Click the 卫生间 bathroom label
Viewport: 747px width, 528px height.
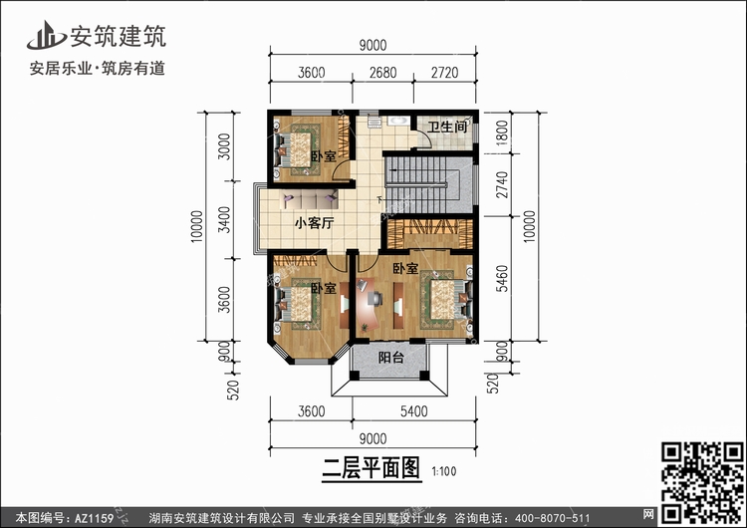tap(446, 127)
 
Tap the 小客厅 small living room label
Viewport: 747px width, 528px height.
tap(314, 223)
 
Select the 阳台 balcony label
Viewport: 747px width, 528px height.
tap(390, 358)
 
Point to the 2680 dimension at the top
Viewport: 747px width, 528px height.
tap(383, 73)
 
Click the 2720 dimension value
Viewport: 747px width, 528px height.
tap(444, 73)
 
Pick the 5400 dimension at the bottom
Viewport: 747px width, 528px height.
tap(413, 410)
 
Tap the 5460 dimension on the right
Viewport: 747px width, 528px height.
tap(502, 278)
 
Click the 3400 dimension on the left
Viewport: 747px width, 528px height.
tap(224, 220)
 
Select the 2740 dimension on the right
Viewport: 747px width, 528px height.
tap(502, 185)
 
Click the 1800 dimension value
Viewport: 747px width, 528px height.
tap(502, 132)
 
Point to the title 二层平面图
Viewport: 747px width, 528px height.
tap(372, 468)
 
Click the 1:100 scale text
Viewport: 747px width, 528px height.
tap(444, 471)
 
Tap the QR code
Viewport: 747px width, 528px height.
tap(702, 482)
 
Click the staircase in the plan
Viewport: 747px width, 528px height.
tap(421, 184)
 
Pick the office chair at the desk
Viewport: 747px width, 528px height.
tap(375, 299)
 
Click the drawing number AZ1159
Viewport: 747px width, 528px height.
tap(94, 518)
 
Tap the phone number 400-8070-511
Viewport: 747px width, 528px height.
tap(552, 518)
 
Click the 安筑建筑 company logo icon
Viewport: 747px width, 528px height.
tap(46, 36)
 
